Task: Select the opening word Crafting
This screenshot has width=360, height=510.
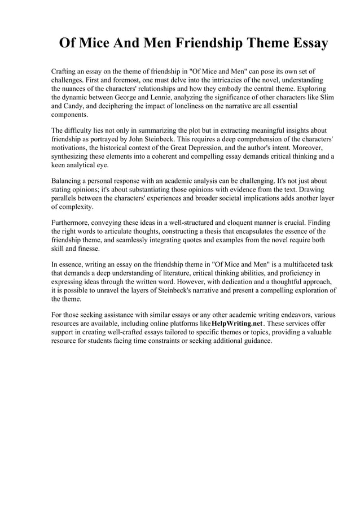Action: tap(65, 73)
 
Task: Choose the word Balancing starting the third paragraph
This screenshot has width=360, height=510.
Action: tap(69, 181)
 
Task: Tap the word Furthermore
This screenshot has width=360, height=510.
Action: tap(73, 223)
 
